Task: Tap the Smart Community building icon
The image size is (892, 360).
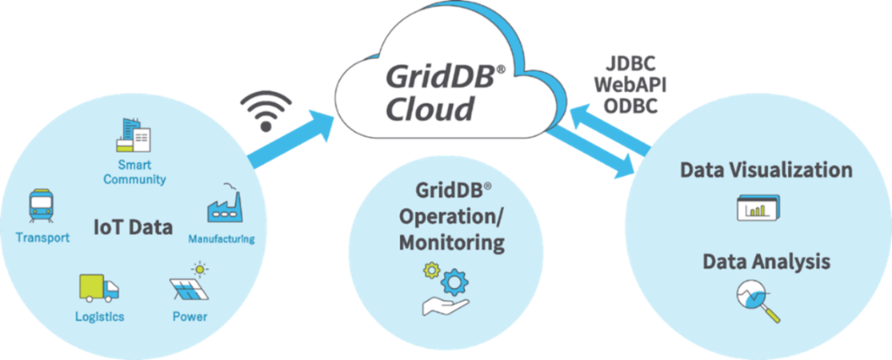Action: tap(133, 136)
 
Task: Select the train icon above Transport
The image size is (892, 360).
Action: tap(41, 207)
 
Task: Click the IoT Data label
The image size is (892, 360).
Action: tap(133, 227)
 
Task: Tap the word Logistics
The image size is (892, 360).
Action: tap(99, 317)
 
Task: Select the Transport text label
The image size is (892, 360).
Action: tap(42, 238)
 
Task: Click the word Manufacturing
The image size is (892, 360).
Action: tap(222, 238)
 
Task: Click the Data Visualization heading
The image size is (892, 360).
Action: tap(766, 170)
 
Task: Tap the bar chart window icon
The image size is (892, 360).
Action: tap(758, 208)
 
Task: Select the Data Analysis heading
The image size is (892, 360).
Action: tap(766, 262)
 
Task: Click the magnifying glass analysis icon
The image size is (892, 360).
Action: tap(757, 301)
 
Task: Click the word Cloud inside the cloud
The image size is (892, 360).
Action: tap(429, 106)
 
